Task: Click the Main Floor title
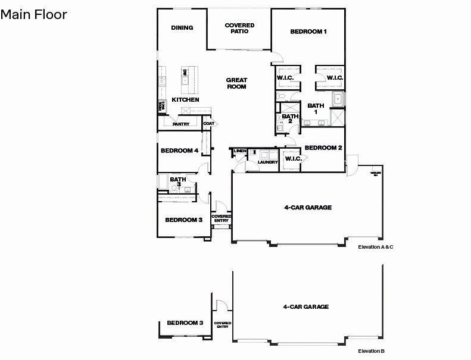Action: pyautogui.click(x=34, y=14)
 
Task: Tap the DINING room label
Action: pyautogui.click(x=182, y=27)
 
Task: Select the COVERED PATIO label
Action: pyautogui.click(x=239, y=28)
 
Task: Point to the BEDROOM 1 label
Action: pyautogui.click(x=308, y=32)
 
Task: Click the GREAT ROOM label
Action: pyautogui.click(x=236, y=83)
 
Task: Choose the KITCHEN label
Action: pyautogui.click(x=185, y=99)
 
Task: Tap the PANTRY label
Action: pyautogui.click(x=180, y=124)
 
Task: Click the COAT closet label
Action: pyautogui.click(x=208, y=124)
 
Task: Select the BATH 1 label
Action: pyautogui.click(x=316, y=109)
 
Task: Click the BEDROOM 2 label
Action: pyautogui.click(x=323, y=148)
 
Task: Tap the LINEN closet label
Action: pyautogui.click(x=239, y=151)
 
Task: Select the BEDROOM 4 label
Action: pyautogui.click(x=179, y=151)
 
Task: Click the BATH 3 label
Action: pyautogui.click(x=177, y=181)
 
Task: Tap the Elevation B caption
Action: pyautogui.click(x=370, y=351)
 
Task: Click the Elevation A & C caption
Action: pyautogui.click(x=375, y=246)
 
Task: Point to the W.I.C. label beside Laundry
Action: pyautogui.click(x=293, y=158)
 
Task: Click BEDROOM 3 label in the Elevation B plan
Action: pyautogui.click(x=185, y=323)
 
